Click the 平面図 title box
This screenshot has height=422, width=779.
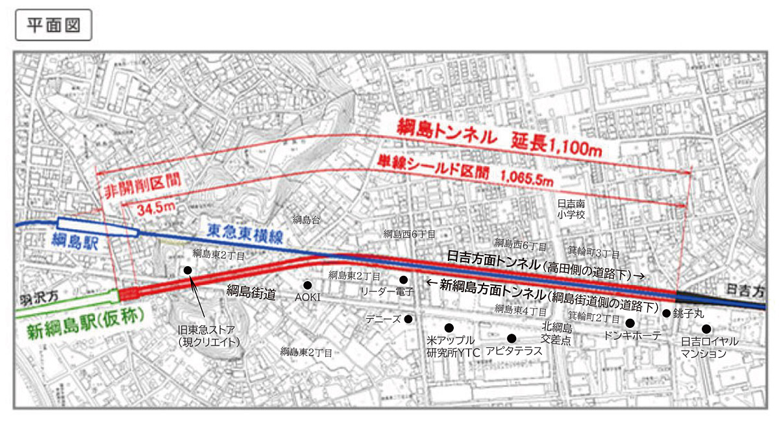click(53, 25)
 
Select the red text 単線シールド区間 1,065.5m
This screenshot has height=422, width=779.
click(464, 169)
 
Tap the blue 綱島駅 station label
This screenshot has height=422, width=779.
click(78, 240)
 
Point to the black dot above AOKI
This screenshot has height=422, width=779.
click(308, 284)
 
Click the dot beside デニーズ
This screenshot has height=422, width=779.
click(408, 319)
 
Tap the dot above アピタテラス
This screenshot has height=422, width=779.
click(512, 338)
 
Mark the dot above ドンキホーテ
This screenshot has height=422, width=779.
click(629, 323)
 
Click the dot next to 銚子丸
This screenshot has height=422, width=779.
click(666, 313)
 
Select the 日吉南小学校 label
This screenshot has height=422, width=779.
click(572, 209)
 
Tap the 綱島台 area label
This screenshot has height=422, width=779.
click(306, 219)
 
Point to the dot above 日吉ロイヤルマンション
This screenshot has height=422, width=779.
click(706, 329)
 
